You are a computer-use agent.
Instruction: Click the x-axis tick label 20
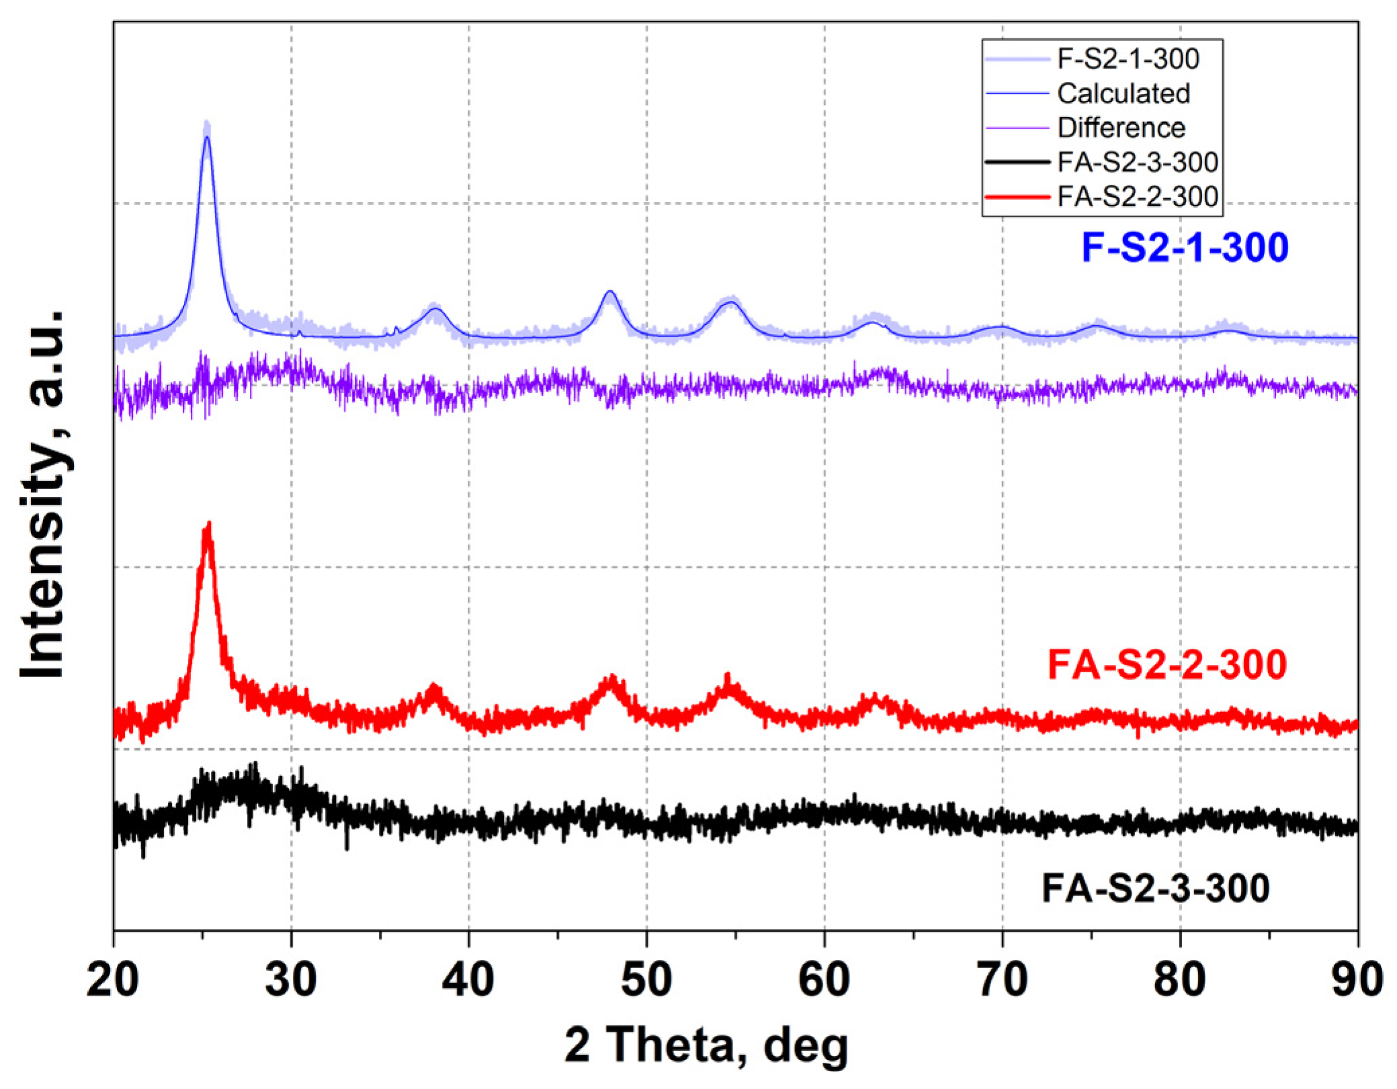pyautogui.click(x=114, y=979)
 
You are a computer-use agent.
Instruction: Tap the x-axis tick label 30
pyautogui.click(x=291, y=979)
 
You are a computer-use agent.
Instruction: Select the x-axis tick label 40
pyautogui.click(x=468, y=979)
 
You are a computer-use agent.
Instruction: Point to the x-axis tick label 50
pyautogui.click(x=646, y=979)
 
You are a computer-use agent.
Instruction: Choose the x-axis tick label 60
pyautogui.click(x=824, y=979)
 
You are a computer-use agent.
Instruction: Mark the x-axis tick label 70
pyautogui.click(x=1002, y=979)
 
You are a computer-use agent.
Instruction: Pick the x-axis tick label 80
pyautogui.click(x=1179, y=979)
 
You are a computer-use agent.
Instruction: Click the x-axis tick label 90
pyautogui.click(x=1357, y=979)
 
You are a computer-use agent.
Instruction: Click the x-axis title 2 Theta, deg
pyautogui.click(x=706, y=1045)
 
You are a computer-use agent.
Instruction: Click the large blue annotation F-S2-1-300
pyautogui.click(x=1185, y=247)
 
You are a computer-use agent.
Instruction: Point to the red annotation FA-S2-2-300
pyautogui.click(x=1167, y=664)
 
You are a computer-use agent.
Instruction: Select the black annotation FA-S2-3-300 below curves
pyautogui.click(x=1156, y=887)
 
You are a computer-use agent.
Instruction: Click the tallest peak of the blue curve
pyautogui.click(x=206, y=136)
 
